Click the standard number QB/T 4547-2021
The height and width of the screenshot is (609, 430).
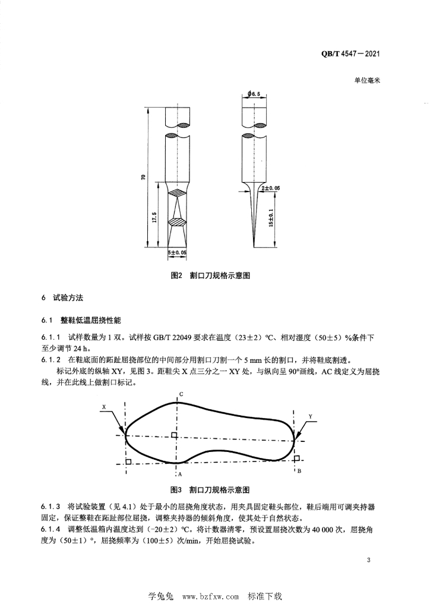350,54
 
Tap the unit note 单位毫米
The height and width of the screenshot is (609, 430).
367,80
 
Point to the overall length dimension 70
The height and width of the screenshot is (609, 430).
144,177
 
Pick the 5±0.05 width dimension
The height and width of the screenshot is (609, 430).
177,252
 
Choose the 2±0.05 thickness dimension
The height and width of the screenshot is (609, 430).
271,188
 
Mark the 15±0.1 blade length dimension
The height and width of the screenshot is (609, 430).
271,218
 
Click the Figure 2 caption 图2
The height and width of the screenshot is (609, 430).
176,275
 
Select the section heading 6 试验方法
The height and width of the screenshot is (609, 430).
62,298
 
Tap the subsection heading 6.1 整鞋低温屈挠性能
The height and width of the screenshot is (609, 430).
81,320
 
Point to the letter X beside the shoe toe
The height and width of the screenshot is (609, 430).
104,407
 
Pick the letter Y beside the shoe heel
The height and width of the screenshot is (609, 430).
310,417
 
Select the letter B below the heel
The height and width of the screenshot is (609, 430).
299,471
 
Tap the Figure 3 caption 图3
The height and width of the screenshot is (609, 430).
176,489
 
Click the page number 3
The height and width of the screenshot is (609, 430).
368,560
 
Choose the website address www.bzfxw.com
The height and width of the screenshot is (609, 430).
210,596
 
